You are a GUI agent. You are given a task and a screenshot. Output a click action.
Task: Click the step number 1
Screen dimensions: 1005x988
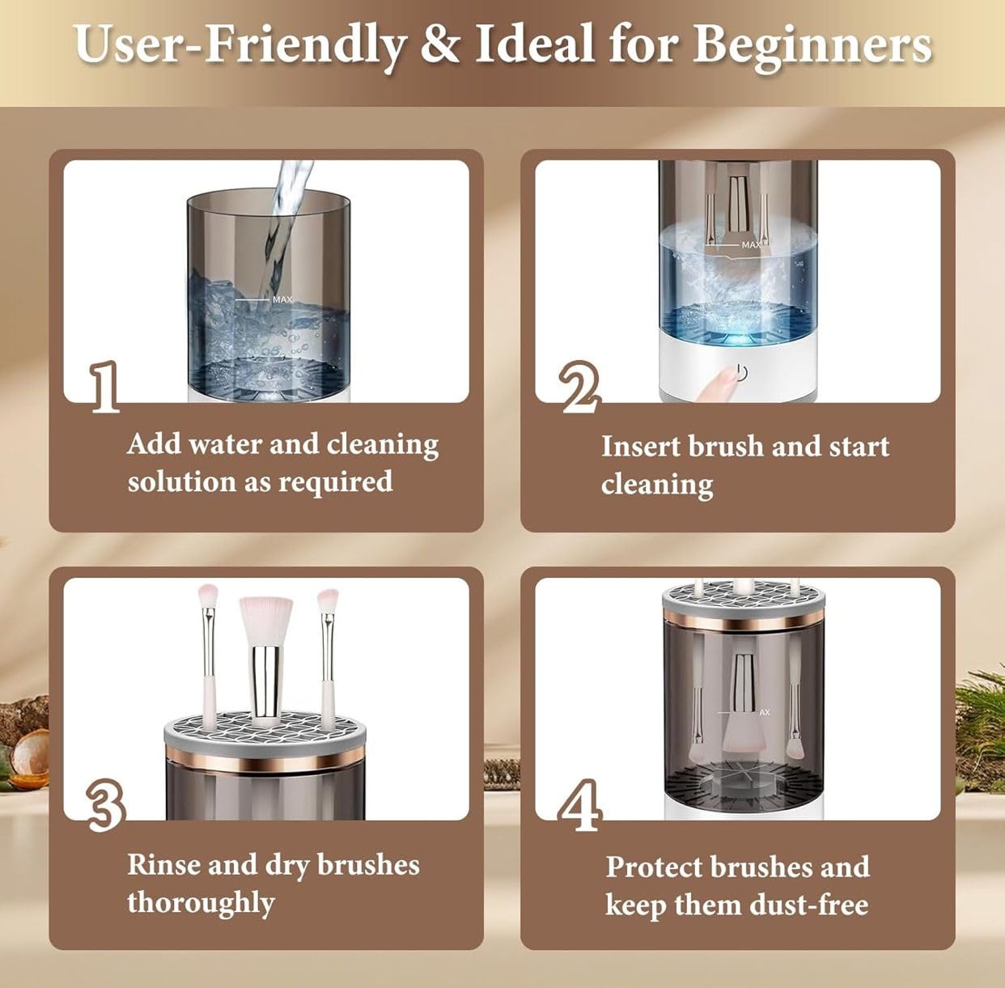tap(104, 387)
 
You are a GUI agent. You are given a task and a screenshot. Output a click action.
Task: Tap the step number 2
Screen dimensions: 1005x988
tap(580, 387)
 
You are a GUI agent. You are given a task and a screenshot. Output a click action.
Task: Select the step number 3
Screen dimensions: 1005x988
tap(106, 805)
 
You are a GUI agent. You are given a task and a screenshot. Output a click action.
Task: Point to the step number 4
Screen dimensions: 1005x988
tap(580, 805)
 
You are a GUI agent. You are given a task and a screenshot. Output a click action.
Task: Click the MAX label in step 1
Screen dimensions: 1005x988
tap(282, 299)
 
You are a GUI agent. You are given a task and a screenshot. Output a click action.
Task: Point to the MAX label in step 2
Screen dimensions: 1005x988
tap(752, 244)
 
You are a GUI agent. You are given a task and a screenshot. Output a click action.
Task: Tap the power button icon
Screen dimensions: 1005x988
tap(742, 372)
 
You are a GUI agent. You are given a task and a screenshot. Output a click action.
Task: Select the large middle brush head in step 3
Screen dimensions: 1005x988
tap(265, 621)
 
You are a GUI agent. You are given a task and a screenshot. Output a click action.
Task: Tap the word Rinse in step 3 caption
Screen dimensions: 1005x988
tap(163, 864)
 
